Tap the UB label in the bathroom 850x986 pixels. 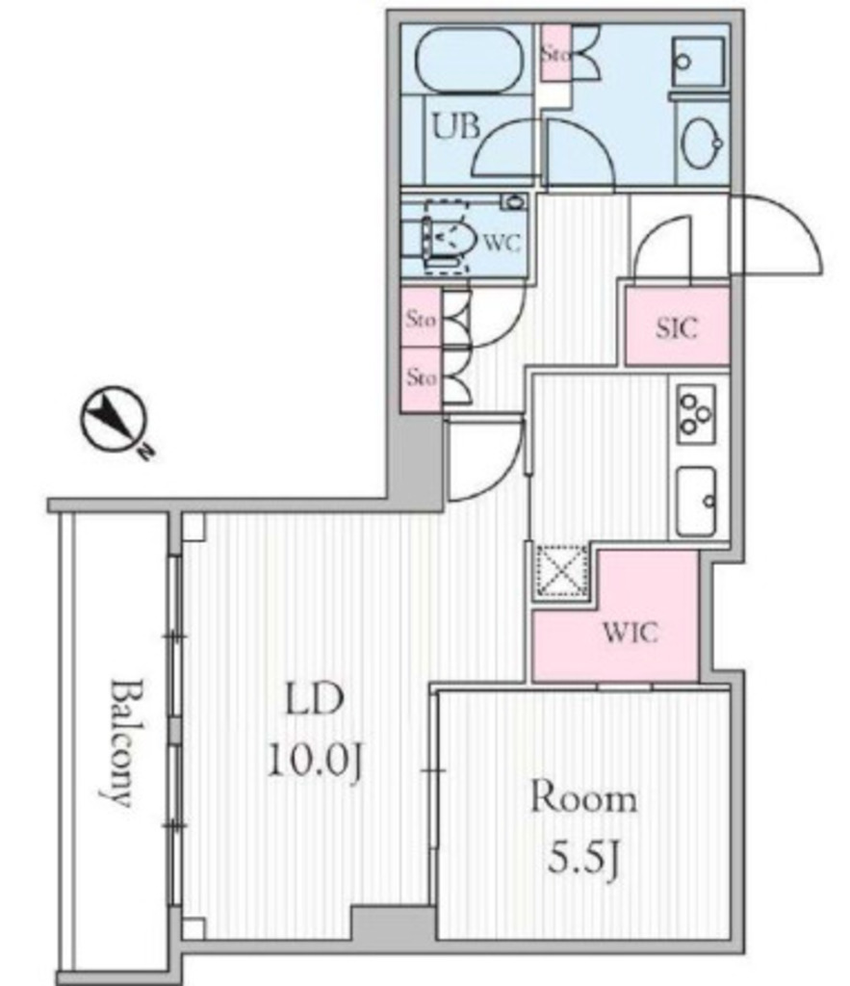click(x=456, y=126)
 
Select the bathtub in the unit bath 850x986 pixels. click(x=469, y=61)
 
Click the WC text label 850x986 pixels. click(x=502, y=243)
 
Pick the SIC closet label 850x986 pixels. click(x=677, y=327)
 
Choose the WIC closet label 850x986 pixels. click(x=630, y=633)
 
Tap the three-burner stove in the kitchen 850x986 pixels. click(x=696, y=414)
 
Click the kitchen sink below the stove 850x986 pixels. click(x=697, y=501)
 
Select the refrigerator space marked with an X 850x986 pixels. click(x=561, y=571)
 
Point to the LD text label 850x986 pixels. click(x=315, y=699)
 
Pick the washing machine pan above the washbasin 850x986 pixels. click(x=698, y=63)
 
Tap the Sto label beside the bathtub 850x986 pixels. click(x=555, y=54)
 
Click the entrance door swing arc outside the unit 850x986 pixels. click(x=777, y=235)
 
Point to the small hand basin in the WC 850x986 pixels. click(x=514, y=202)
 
